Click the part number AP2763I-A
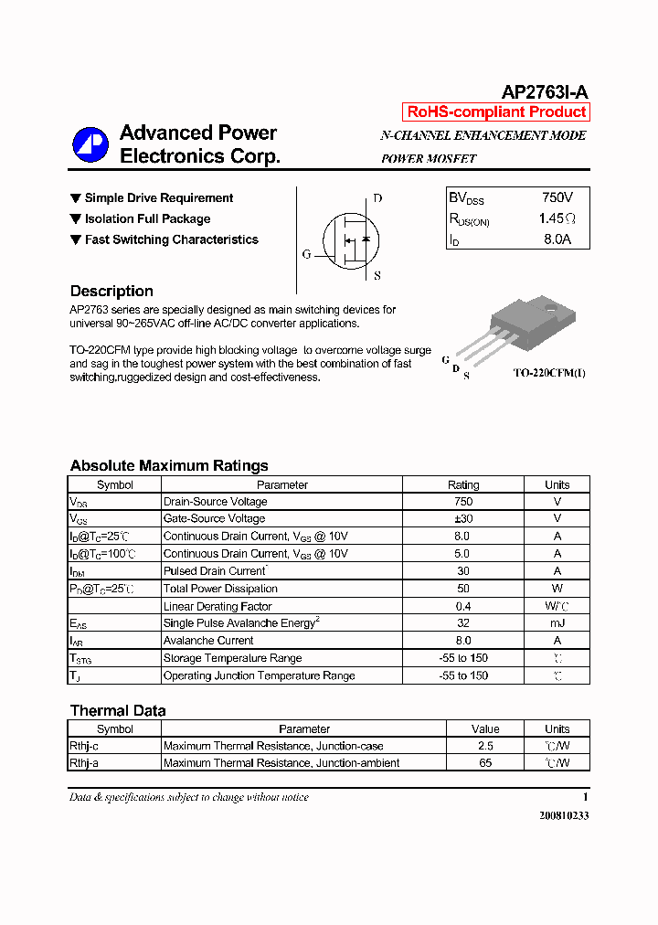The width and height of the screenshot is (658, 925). tap(545, 92)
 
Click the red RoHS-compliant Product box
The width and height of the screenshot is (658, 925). tap(496, 112)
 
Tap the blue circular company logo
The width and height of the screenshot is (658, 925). tap(90, 144)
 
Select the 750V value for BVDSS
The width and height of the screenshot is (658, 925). tap(557, 197)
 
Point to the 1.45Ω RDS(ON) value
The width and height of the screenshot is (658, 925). tap(557, 219)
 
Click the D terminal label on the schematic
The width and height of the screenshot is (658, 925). tap(377, 198)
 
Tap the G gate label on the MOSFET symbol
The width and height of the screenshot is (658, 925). tap(306, 255)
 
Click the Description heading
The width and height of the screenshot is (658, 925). tap(111, 292)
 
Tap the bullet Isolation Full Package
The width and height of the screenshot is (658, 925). tap(147, 219)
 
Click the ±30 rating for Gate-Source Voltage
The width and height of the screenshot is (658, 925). tap(462, 519)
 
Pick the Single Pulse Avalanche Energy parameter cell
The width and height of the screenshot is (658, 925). tap(240, 623)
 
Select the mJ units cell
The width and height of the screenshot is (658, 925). tap(557, 623)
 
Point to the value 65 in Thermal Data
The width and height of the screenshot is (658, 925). tap(485, 763)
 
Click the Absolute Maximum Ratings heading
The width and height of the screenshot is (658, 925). tap(169, 465)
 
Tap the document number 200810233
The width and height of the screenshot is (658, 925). tap(563, 815)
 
